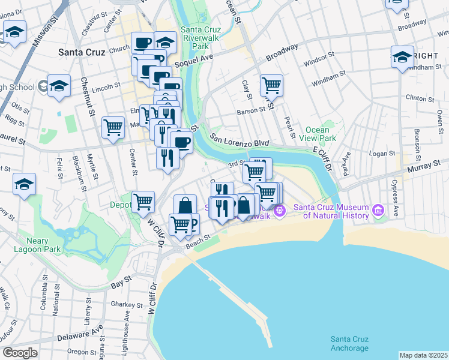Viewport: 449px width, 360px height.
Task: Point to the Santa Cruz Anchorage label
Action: [349, 344]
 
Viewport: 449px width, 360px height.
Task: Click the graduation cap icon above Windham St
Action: [402, 58]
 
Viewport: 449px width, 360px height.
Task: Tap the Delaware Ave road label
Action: [80, 334]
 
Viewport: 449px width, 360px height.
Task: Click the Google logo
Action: [20, 353]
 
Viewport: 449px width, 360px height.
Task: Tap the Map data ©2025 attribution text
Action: [423, 355]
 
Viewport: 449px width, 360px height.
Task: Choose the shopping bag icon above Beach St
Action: [185, 205]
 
